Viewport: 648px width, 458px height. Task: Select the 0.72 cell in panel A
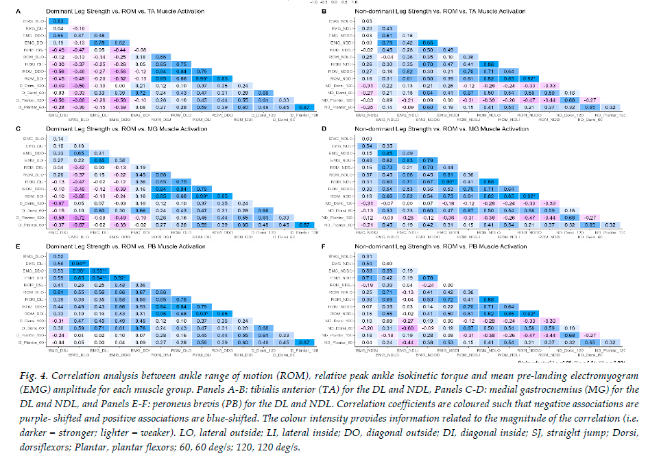pyautogui.click(x=139, y=91)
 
